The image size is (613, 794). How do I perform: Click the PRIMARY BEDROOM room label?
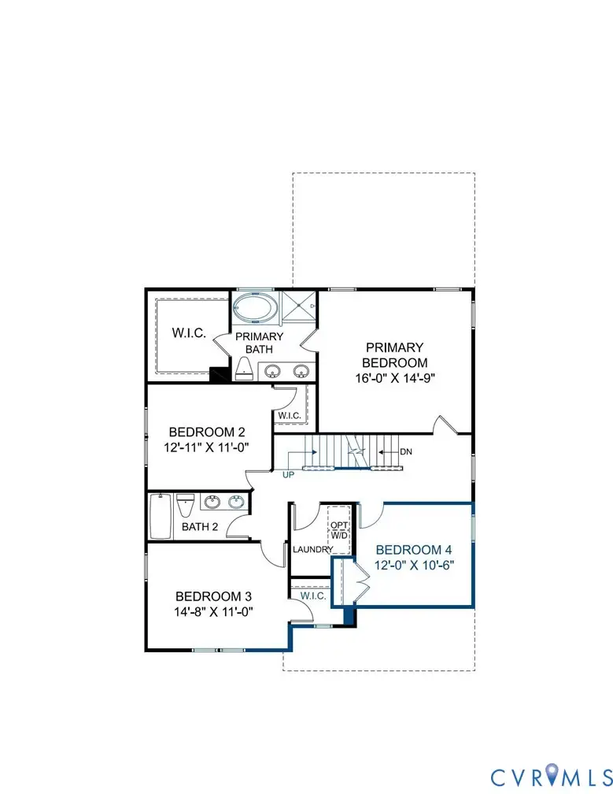393,354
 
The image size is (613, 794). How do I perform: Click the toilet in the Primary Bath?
244,366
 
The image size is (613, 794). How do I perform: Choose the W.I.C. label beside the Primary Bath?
189,333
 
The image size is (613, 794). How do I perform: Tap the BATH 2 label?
200,526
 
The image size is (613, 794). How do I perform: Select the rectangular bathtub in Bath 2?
160,516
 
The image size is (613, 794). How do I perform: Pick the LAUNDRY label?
312,549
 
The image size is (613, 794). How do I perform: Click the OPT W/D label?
338,530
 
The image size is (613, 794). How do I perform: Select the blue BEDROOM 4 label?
414,550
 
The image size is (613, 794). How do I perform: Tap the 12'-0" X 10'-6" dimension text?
414,565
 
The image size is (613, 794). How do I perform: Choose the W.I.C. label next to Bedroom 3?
313,596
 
